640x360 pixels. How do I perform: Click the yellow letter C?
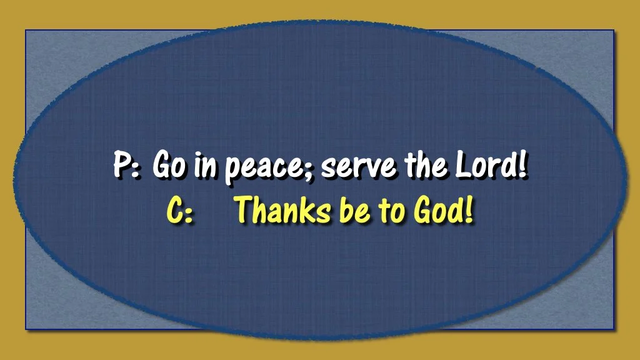click(x=174, y=211)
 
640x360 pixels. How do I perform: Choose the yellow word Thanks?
click(x=280, y=211)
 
